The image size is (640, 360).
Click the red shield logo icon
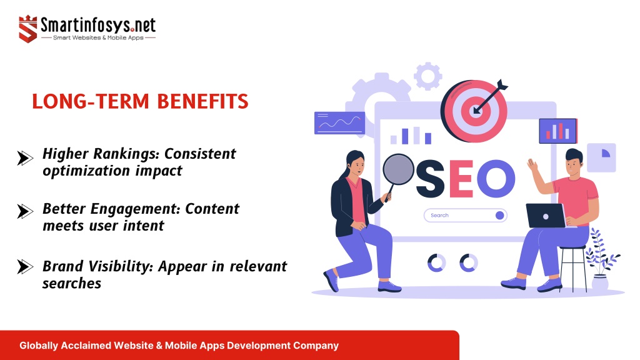click(x=27, y=29)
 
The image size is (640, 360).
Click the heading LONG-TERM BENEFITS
click(x=140, y=101)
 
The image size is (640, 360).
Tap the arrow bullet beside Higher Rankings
click(x=25, y=158)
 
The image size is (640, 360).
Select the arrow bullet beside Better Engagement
click(x=25, y=211)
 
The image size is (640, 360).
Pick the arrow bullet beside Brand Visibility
click(x=25, y=267)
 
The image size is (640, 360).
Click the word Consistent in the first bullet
click(x=200, y=154)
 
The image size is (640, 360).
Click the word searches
click(x=72, y=283)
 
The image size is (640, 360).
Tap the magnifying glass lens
click(x=398, y=169)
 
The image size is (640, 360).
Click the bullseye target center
click(x=476, y=111)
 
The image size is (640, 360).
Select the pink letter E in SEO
click(x=461, y=179)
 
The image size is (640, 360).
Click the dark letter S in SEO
click(x=430, y=179)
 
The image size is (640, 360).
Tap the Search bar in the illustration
click(x=465, y=216)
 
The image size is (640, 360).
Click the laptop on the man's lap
click(x=546, y=216)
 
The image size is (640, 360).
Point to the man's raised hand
click(x=532, y=165)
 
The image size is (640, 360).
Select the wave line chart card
click(x=339, y=123)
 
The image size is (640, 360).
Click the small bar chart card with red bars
click(x=558, y=131)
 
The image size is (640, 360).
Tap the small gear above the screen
click(x=427, y=76)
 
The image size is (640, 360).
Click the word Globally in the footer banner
click(x=39, y=346)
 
